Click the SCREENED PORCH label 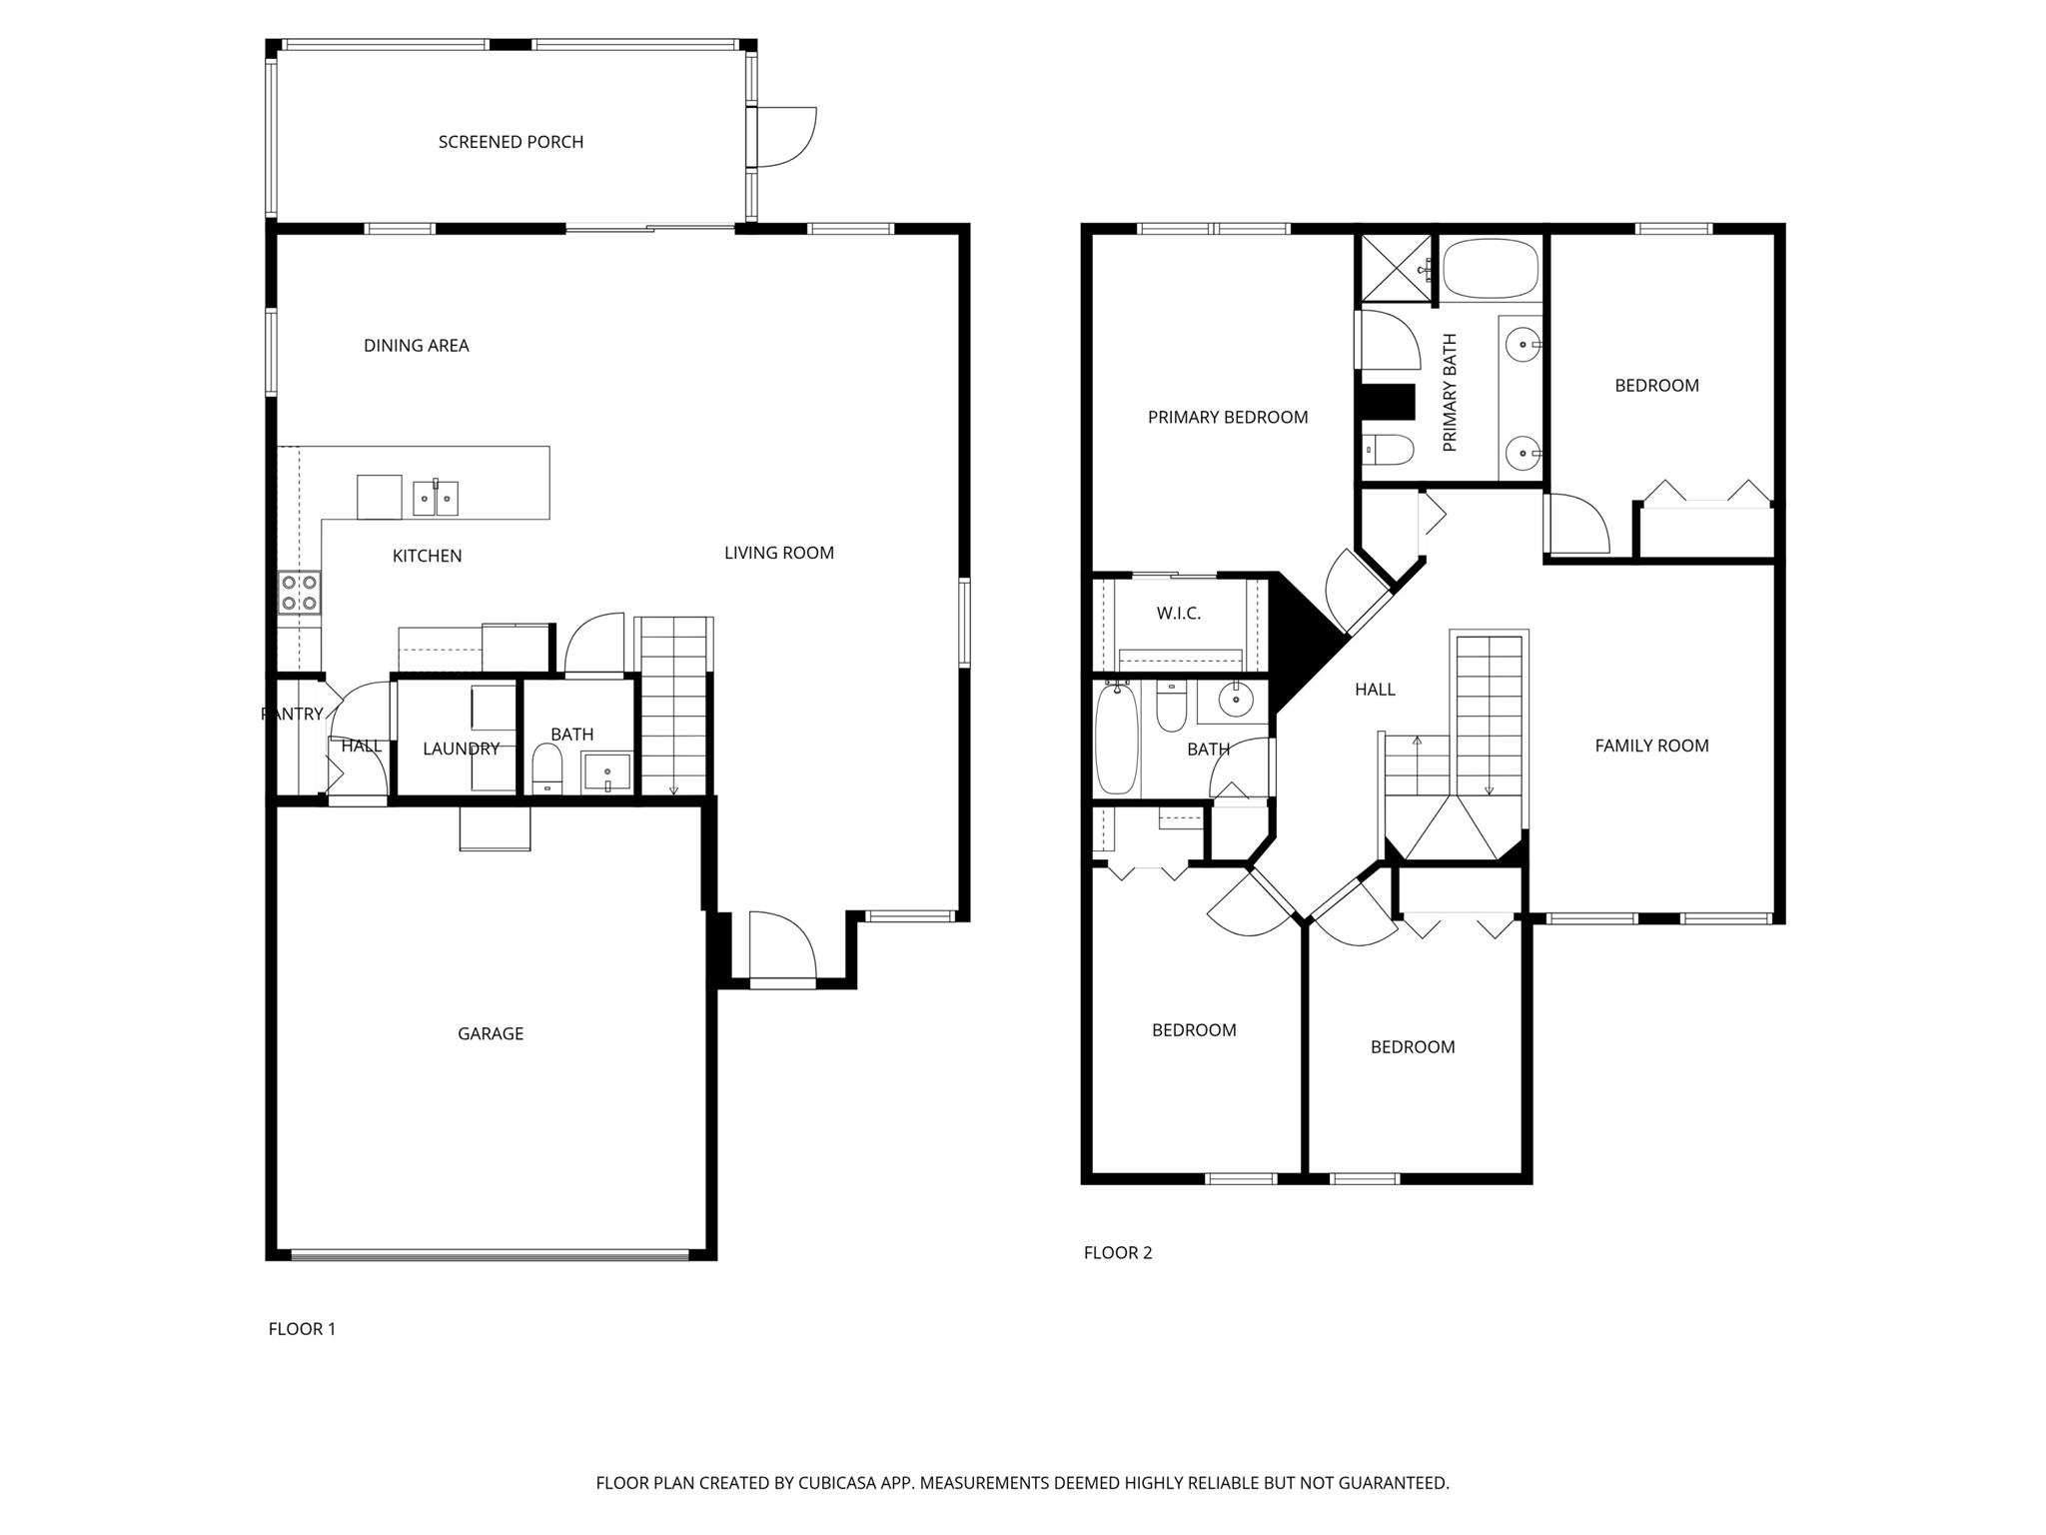[x=511, y=142]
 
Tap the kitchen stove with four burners [x=299, y=592]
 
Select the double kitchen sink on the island [x=436, y=498]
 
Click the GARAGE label [x=490, y=1033]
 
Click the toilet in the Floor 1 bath [x=547, y=770]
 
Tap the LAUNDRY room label [x=461, y=749]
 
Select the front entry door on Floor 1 [x=782, y=949]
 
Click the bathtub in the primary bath [x=1491, y=268]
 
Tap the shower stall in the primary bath [x=1396, y=267]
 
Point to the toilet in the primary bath [x=1388, y=451]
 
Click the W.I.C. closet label [x=1178, y=614]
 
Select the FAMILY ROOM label [x=1651, y=746]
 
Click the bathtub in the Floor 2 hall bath [x=1117, y=740]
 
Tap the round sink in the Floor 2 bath [x=1237, y=700]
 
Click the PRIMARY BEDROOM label [x=1227, y=418]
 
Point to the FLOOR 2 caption [x=1117, y=1252]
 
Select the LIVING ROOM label [x=778, y=553]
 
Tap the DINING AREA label [x=416, y=346]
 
